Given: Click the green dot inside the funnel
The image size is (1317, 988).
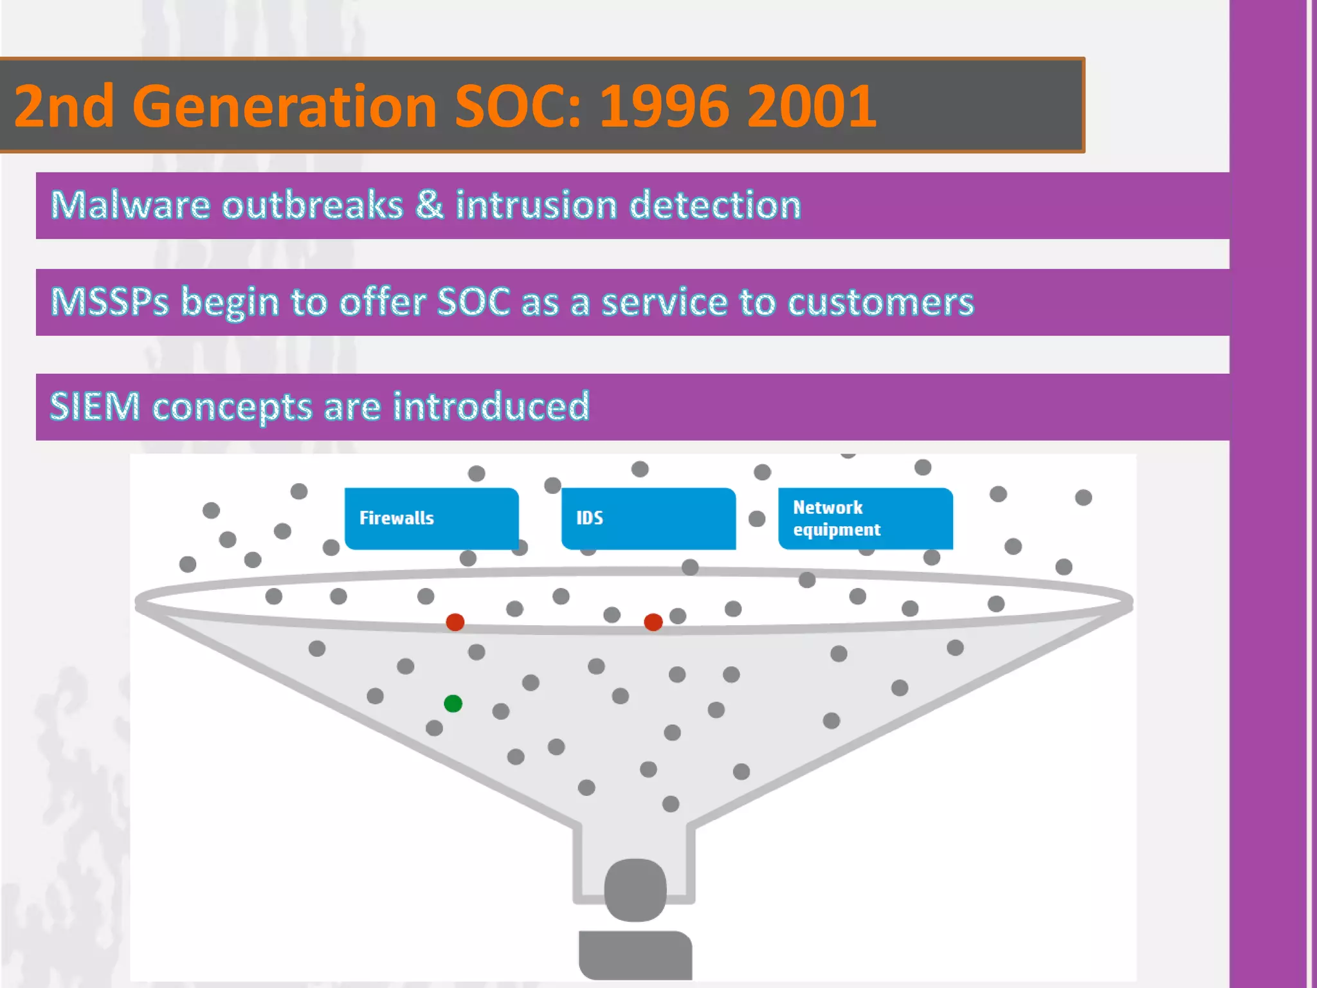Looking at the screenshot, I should click(x=453, y=703).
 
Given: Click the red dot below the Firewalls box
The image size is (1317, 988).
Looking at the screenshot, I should click(x=455, y=622).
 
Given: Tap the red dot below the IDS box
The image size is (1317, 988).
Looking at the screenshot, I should click(x=653, y=622).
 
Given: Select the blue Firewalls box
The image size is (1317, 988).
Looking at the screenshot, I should click(x=431, y=518).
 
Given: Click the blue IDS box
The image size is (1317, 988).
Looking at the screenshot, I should click(x=648, y=518).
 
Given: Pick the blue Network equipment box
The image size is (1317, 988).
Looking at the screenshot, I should click(x=866, y=518).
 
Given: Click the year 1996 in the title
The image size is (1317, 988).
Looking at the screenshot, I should click(x=666, y=106).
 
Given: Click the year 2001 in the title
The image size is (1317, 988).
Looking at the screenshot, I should click(x=812, y=106).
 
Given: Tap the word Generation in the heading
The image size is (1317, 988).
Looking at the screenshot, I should click(x=285, y=106).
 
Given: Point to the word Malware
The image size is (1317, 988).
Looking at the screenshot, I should click(x=130, y=205).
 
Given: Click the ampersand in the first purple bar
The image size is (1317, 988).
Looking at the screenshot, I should click(x=430, y=205).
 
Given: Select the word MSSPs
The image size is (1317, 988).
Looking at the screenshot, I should click(x=109, y=302).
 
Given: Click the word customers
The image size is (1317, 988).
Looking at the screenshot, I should click(x=880, y=302).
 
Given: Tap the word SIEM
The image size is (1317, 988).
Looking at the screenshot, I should click(x=95, y=407).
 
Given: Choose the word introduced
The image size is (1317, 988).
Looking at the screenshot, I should click(x=491, y=407).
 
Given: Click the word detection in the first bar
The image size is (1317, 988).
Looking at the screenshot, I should click(x=714, y=205).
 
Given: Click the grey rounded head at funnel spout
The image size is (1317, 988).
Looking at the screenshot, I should click(x=635, y=890).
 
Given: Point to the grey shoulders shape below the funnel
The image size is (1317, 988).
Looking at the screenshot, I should click(x=635, y=955).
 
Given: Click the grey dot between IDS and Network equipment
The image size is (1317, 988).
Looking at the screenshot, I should click(x=757, y=518).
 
